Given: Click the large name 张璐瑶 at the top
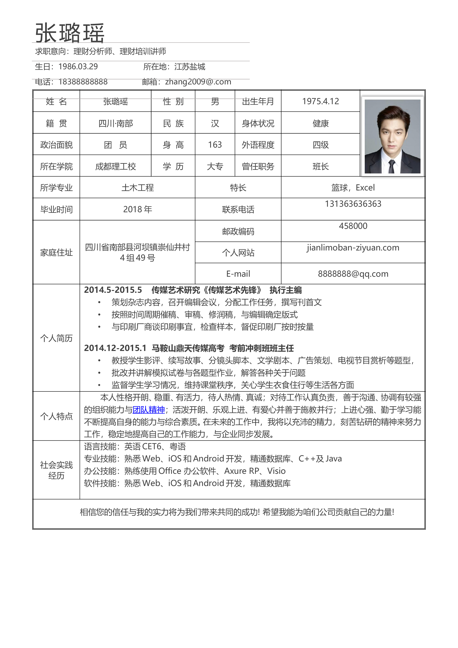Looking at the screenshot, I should [x=70, y=33].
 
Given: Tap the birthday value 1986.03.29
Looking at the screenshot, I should [x=78, y=67].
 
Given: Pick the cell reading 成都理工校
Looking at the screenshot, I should [x=115, y=166].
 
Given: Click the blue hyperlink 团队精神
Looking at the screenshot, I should [x=148, y=410].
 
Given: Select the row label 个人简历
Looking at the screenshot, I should [x=57, y=338].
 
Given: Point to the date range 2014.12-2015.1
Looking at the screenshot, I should [x=115, y=348].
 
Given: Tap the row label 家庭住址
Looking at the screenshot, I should [x=57, y=252].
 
